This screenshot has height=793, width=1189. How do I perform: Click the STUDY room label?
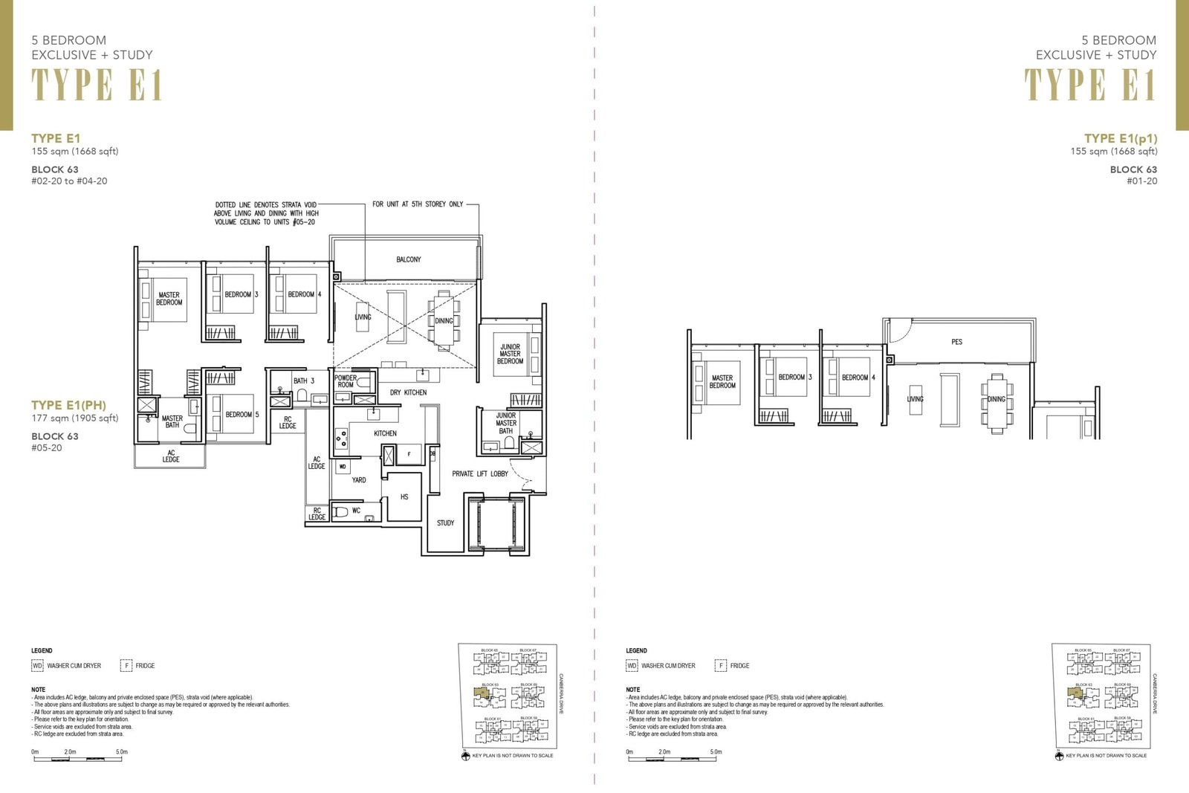[x=445, y=522]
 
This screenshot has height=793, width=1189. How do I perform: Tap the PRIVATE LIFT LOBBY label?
[x=480, y=473]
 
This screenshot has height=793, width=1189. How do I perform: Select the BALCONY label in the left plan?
[x=408, y=259]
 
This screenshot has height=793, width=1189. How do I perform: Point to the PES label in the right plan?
[x=956, y=342]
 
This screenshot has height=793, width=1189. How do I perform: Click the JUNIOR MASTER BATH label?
[x=506, y=423]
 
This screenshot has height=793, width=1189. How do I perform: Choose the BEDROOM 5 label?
[x=242, y=414]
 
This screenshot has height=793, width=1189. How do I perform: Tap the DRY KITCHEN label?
[x=409, y=392]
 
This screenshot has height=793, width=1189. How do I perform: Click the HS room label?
[x=404, y=496]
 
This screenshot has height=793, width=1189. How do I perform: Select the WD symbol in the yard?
[x=343, y=467]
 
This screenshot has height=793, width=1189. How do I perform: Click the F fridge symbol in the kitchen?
[x=409, y=453]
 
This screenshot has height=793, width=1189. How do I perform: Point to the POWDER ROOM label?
[x=346, y=381]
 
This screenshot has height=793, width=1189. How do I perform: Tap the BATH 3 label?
[x=304, y=381]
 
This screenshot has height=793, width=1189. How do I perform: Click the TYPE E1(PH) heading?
[x=68, y=405]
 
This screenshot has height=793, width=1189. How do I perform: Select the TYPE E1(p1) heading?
[x=1120, y=138]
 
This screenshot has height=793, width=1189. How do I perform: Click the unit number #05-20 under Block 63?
[x=47, y=448]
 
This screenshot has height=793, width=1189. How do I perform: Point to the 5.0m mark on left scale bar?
[x=122, y=751]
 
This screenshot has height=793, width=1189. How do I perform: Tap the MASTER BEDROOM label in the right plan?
[x=722, y=381]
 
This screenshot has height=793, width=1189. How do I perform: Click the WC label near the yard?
[x=356, y=511]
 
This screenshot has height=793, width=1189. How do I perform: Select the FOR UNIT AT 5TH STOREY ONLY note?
[x=418, y=204]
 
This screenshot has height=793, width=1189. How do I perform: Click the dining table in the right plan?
[x=996, y=401]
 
